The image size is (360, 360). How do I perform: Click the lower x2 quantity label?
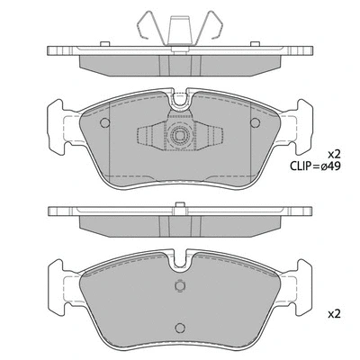click(x=332, y=314)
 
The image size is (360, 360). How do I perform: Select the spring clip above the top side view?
click(x=179, y=28)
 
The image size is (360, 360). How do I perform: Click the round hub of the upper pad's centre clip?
click(x=180, y=137)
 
